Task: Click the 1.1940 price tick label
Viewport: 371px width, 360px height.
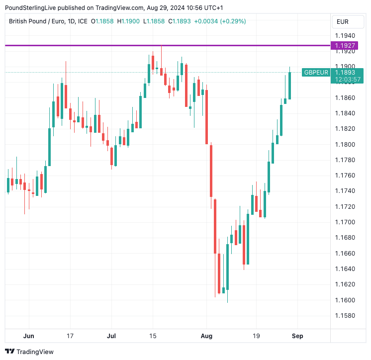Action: point(345,36)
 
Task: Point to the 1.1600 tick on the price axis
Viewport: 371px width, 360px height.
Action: point(345,300)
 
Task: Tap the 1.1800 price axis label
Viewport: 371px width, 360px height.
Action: point(345,145)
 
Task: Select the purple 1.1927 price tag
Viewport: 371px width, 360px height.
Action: point(345,46)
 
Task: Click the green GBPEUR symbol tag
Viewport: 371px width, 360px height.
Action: point(316,73)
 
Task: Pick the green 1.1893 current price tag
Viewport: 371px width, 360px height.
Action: point(348,73)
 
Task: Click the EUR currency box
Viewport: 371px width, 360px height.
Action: point(343,22)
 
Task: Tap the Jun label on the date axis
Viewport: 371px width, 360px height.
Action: point(29,336)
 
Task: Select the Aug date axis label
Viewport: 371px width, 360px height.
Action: point(206,336)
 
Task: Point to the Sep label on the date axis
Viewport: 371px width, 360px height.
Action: point(297,336)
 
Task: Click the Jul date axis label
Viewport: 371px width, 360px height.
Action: point(111,336)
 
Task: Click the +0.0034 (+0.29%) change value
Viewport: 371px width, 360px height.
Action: point(220,21)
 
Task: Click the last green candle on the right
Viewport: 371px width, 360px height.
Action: point(289,86)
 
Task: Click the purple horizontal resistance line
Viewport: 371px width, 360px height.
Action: point(164,45)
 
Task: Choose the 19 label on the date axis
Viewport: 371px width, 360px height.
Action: point(256,336)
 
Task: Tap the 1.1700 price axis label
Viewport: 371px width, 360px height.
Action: point(345,222)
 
